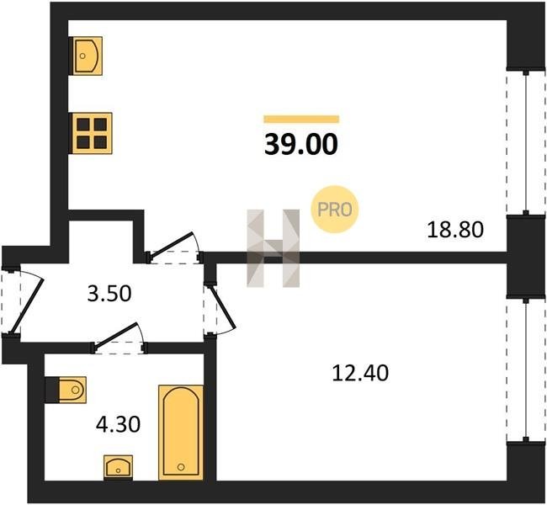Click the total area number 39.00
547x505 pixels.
(x=301, y=144)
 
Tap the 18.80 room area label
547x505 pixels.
(x=455, y=230)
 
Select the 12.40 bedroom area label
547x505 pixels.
(x=360, y=373)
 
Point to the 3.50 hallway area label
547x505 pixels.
(x=109, y=294)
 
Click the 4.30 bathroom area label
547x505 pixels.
(x=119, y=424)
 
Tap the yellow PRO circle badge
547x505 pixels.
(x=335, y=210)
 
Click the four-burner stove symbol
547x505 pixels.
(x=91, y=133)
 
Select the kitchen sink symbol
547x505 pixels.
(x=86, y=56)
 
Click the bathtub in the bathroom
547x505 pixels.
(x=181, y=433)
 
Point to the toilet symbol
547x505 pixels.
(x=66, y=390)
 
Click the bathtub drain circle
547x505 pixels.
(x=181, y=466)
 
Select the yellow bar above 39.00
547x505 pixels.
(x=301, y=119)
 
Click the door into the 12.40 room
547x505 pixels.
(x=222, y=307)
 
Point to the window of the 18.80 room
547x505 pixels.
(x=526, y=142)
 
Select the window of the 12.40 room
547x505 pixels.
(x=526, y=369)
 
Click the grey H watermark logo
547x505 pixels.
(x=273, y=248)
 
